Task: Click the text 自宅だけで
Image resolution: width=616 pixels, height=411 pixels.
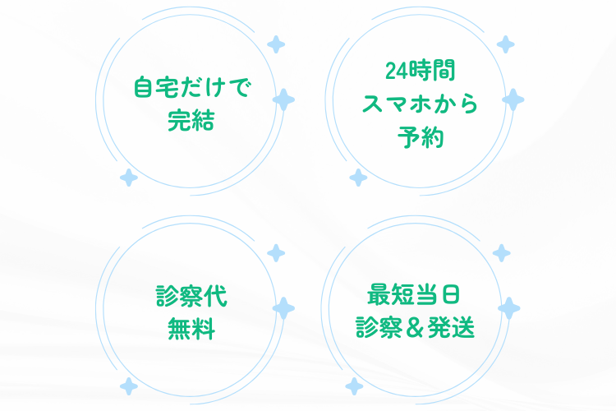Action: click(191, 87)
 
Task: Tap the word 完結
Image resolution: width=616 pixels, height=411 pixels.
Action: click(191, 120)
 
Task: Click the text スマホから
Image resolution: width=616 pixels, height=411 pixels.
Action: click(420, 104)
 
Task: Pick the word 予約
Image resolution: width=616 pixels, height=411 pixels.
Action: click(421, 137)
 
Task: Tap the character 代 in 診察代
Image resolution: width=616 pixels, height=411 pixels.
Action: click(215, 296)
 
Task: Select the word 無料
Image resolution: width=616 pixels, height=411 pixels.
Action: click(191, 329)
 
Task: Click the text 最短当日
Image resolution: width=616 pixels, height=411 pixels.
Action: click(413, 294)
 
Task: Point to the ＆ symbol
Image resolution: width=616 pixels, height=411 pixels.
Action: click(415, 328)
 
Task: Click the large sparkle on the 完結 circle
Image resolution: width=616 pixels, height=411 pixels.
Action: click(283, 100)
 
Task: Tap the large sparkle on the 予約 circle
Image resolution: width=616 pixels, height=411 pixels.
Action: click(513, 100)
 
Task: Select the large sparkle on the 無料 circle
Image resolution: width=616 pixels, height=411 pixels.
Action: click(283, 308)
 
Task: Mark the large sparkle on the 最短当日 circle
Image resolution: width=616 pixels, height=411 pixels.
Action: click(508, 308)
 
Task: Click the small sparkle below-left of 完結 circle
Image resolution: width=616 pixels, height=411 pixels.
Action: click(129, 178)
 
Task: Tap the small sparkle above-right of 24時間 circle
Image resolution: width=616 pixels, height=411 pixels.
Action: click(506, 44)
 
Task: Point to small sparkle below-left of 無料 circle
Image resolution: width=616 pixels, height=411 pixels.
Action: click(129, 386)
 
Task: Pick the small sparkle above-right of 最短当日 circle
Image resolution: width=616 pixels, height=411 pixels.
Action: click(502, 253)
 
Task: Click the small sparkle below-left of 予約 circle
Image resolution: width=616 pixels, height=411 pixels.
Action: click(358, 178)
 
